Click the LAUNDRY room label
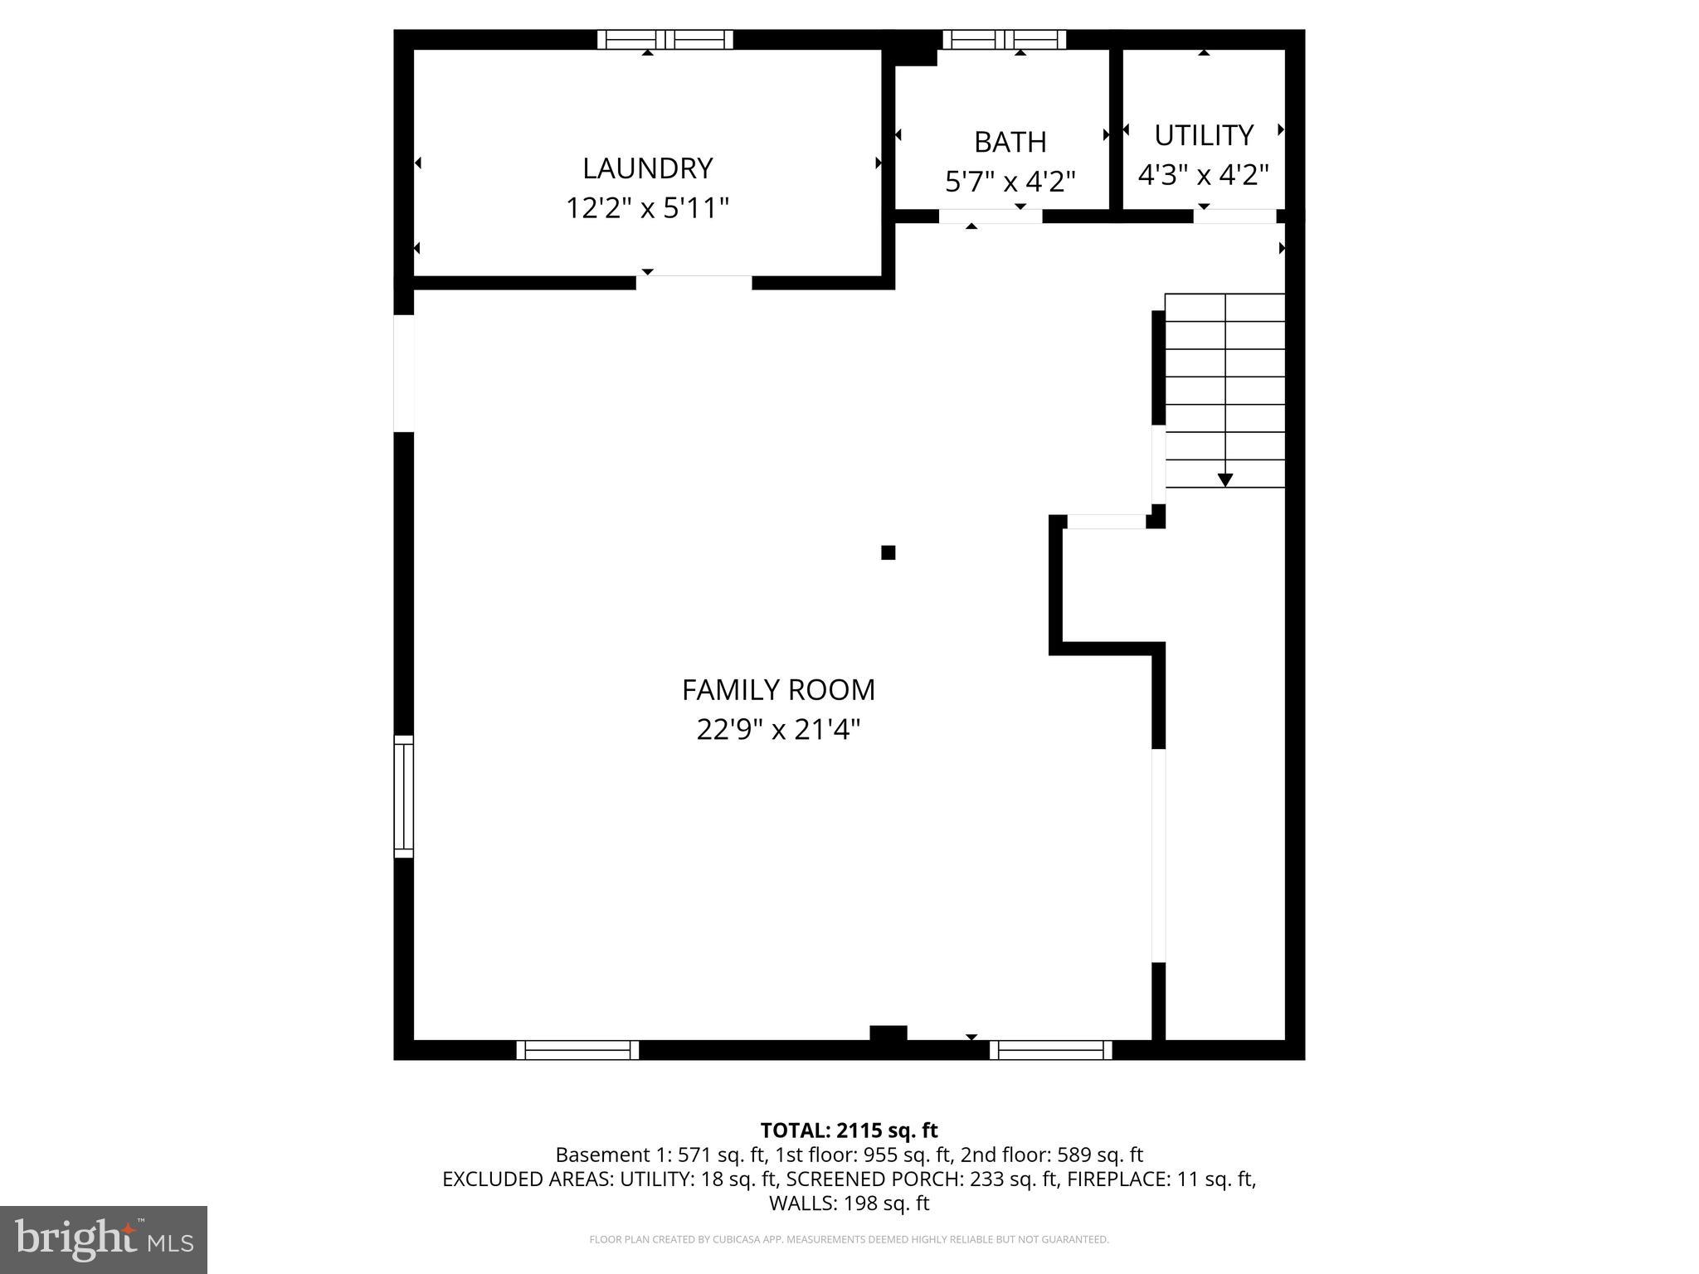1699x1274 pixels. tap(647, 168)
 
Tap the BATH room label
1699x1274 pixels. tap(1010, 142)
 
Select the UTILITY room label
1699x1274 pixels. tap(1203, 134)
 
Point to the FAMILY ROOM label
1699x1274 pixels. tap(778, 689)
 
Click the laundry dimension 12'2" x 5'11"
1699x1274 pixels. tap(647, 207)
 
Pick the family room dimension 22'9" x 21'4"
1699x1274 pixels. tap(778, 730)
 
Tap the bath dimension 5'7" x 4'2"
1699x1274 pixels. tap(1010, 181)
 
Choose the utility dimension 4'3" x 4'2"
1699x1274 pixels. tap(1203, 174)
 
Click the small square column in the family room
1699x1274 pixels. tap(888, 552)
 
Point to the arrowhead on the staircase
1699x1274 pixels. tap(1224, 479)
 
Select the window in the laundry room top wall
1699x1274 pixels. tap(665, 39)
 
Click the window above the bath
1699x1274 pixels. tap(1004, 39)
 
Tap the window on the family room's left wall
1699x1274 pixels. tap(403, 796)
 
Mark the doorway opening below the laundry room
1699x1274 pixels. tap(694, 283)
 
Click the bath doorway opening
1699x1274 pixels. tap(991, 216)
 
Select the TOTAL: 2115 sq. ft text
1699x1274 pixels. tap(849, 1131)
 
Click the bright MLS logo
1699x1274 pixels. tap(104, 1240)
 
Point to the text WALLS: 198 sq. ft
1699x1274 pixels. tap(849, 1203)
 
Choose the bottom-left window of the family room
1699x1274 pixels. tap(577, 1050)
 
